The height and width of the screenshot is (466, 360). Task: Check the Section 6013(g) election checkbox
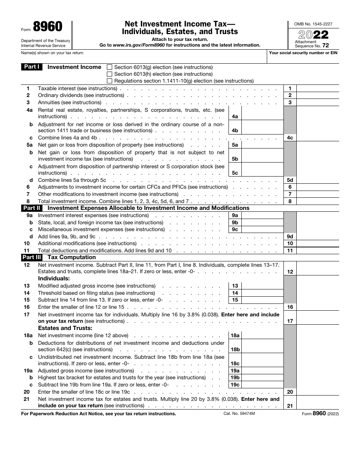click(110, 67)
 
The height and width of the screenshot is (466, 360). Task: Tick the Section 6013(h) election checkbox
click(110, 74)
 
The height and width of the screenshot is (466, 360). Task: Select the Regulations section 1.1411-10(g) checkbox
click(110, 81)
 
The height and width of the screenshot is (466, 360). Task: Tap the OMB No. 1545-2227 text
click(313, 24)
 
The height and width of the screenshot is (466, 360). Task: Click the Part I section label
click(32, 67)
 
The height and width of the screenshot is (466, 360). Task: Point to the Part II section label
click(32, 208)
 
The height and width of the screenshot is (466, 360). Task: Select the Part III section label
click(32, 257)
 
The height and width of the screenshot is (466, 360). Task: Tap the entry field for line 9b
click(262, 222)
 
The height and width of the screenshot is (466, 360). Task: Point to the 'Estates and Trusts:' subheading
click(65, 328)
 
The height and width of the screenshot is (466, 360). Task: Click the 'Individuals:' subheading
click(54, 278)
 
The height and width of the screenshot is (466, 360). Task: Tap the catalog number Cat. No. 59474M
click(239, 414)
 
